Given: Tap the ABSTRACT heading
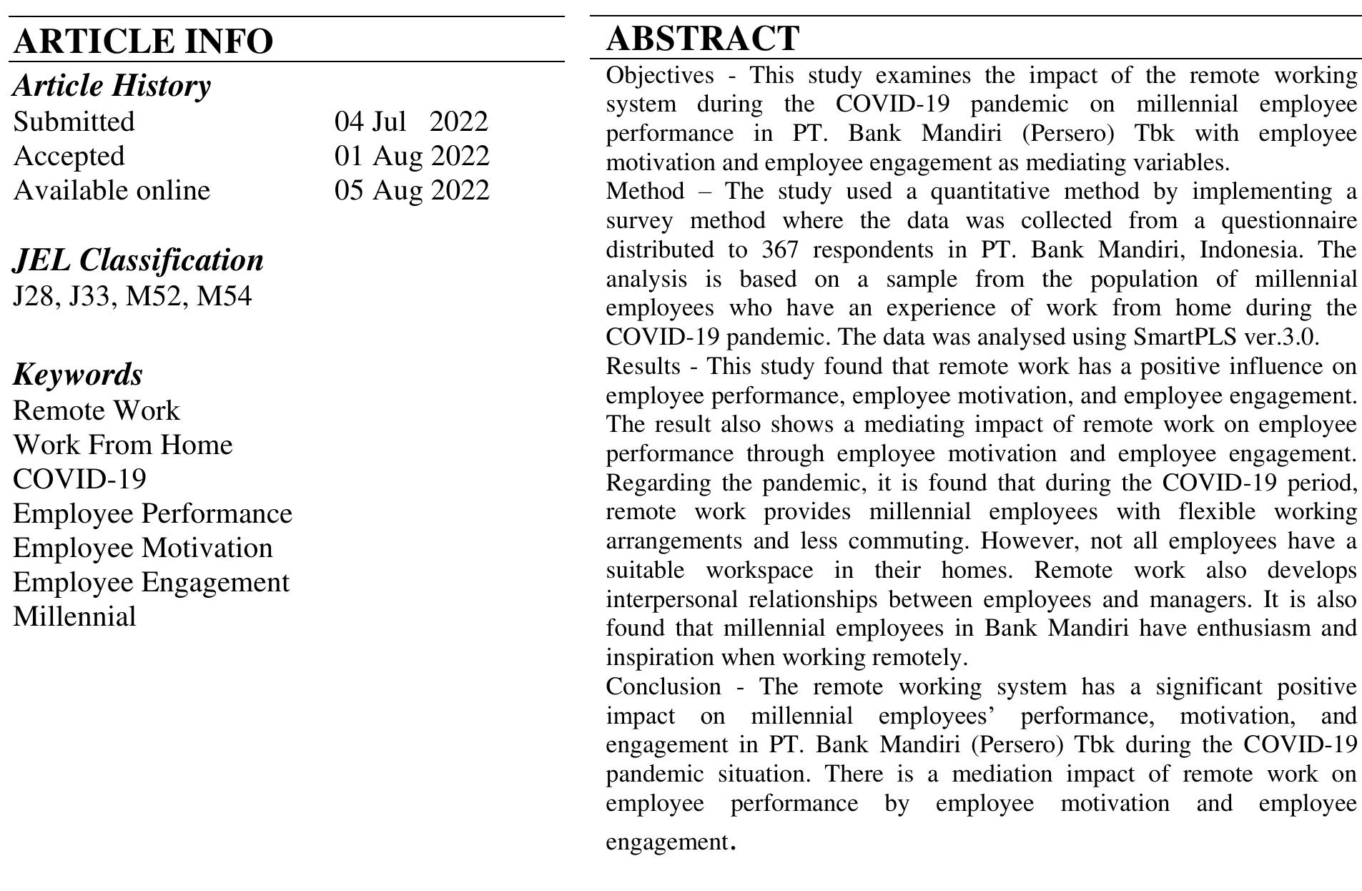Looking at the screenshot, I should pos(702,38).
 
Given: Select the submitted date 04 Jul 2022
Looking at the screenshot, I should pos(411,122).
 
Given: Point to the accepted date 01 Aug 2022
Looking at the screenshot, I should pos(412,156).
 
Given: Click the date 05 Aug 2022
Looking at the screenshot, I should pos(412,190).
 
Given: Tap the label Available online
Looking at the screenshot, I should pos(112,190).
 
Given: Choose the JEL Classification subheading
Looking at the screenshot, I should pos(138,260).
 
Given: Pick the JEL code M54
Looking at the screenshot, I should pos(224,295).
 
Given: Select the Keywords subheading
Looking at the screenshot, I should pos(78,374).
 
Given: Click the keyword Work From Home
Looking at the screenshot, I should pos(123,445).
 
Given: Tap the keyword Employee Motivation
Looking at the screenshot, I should pos(143,548).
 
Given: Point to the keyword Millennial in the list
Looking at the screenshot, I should pos(74,616).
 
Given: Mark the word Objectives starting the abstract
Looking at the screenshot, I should pos(659,75).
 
